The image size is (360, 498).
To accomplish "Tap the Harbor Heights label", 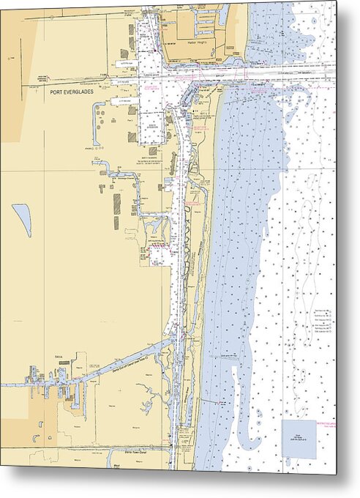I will click(x=198, y=42).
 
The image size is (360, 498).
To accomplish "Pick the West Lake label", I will click(x=117, y=464).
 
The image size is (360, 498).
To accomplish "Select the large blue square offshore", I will click(x=299, y=438).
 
